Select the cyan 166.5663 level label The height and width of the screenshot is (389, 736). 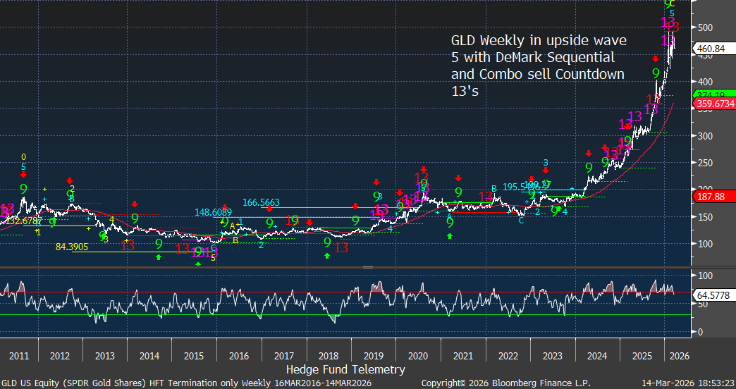pos(261,202)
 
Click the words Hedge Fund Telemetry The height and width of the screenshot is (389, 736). pos(345,369)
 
